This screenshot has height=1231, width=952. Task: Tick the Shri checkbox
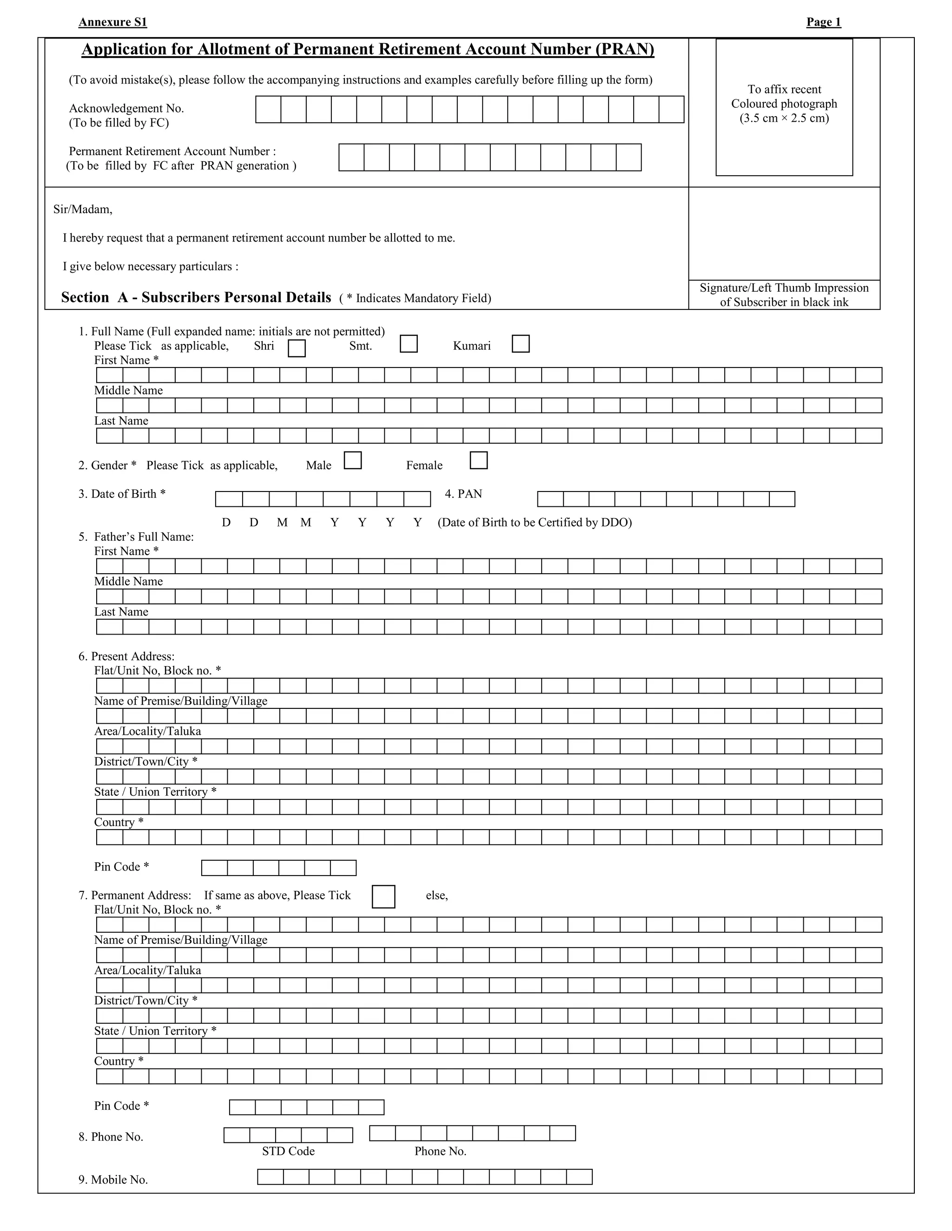coord(297,348)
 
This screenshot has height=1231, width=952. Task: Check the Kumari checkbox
coord(521,344)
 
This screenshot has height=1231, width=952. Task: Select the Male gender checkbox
coord(352,460)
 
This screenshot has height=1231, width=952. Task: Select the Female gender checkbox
coord(478,460)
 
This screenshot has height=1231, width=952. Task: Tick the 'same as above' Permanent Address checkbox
coord(383,896)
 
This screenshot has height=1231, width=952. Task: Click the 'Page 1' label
coord(823,22)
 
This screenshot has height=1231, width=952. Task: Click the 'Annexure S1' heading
coord(113,22)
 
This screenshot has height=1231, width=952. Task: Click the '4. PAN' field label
coord(463,494)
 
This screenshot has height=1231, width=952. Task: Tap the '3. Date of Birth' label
coord(122,494)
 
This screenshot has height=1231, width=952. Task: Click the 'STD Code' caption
coord(288,1151)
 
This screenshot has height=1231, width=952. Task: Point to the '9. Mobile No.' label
coord(113,1180)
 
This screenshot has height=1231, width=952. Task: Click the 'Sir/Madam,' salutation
coord(83,210)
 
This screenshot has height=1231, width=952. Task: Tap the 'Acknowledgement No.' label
coord(126,108)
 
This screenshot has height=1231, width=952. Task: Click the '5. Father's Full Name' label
coord(136,537)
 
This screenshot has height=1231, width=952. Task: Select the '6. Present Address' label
coord(126,656)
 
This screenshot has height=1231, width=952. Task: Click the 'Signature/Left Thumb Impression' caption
coord(784,288)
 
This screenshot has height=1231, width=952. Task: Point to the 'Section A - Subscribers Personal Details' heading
coord(196,298)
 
